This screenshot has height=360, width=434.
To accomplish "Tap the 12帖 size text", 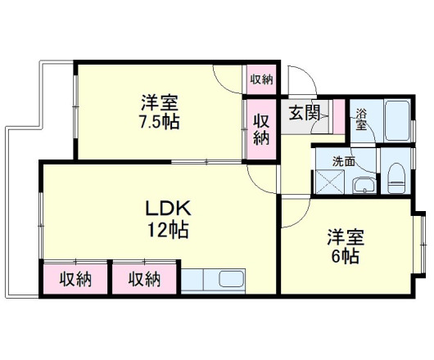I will click(168, 230).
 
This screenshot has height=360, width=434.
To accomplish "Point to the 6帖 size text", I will click(345, 256).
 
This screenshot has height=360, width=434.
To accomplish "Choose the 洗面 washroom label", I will click(343, 162).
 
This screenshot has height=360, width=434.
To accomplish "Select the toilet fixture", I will click(397, 176).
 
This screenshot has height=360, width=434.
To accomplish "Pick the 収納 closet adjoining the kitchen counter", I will click(145, 279).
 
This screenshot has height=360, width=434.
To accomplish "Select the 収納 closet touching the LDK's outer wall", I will click(75, 279).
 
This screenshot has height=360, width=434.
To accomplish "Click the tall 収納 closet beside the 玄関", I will click(261, 128).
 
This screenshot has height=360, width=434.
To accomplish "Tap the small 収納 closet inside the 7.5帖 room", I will click(261, 79).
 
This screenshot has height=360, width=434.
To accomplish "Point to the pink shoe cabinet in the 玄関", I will click(337, 116).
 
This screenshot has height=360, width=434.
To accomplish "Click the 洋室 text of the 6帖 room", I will click(345, 237).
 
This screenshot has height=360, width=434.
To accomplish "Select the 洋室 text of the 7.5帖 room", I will click(160, 104).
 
